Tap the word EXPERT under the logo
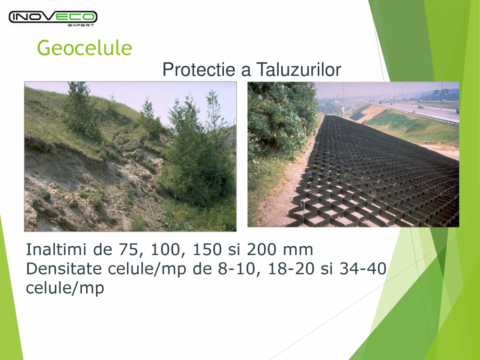tap(81, 25)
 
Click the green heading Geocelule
tap(84, 48)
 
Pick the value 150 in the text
tap(207, 249)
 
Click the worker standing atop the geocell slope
tap(342, 110)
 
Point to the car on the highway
tap(421, 106)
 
